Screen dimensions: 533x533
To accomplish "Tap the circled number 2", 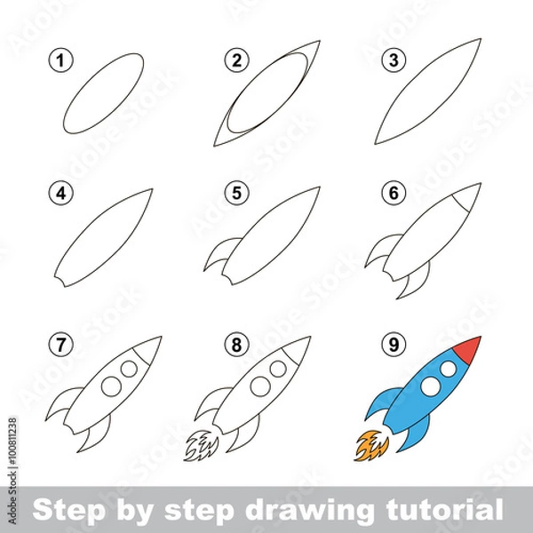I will click(x=235, y=61).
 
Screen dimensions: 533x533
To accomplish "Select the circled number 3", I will click(x=390, y=61).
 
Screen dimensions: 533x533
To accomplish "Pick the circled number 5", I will click(x=235, y=192).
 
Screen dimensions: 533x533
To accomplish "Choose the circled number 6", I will click(x=390, y=192).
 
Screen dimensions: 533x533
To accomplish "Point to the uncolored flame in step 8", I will click(x=203, y=443).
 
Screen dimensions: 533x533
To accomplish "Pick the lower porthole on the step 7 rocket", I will click(x=112, y=385).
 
